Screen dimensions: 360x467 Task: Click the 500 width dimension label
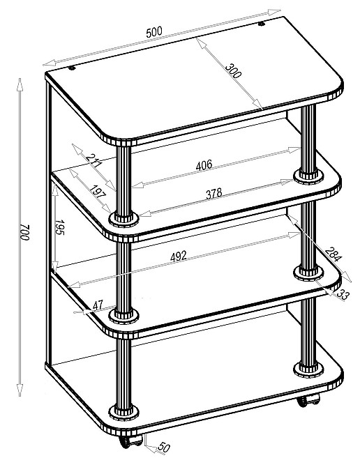point(154,32)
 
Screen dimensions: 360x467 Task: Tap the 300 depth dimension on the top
point(233,70)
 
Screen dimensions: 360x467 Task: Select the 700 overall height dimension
point(25,232)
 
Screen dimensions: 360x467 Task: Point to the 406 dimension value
point(204,165)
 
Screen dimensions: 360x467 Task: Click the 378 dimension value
point(214,193)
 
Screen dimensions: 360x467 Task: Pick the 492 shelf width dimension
point(178,256)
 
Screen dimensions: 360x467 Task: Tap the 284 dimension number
point(333,254)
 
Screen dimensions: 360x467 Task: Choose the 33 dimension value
point(343,295)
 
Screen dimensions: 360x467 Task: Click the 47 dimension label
point(98,305)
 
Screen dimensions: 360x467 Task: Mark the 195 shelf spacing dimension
point(60,227)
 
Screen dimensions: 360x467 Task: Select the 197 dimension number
point(98,192)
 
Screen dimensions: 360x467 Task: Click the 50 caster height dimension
point(164,447)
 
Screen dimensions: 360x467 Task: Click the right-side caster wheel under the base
point(308,400)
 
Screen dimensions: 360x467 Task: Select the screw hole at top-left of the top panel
point(72,68)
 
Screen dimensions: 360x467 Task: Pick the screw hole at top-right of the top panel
point(262,24)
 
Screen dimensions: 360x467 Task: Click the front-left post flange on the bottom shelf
point(123,413)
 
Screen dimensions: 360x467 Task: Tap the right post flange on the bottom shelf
point(308,369)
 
